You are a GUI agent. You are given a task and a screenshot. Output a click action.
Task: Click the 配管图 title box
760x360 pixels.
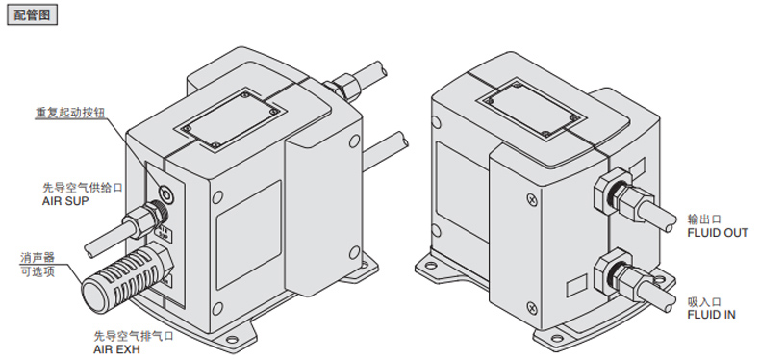click(32, 14)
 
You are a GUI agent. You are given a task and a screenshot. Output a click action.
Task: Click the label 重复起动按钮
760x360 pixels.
click(71, 112)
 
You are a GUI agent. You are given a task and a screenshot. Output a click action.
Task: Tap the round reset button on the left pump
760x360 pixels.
click(165, 194)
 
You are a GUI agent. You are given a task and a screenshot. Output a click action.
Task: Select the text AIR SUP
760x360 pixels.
click(66, 200)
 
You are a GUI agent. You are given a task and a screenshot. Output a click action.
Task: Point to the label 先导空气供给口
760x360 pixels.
click(83, 188)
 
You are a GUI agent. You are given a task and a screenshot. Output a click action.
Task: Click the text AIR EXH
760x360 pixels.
click(116, 347)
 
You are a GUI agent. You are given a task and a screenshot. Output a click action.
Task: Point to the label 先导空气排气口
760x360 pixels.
click(134, 335)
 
